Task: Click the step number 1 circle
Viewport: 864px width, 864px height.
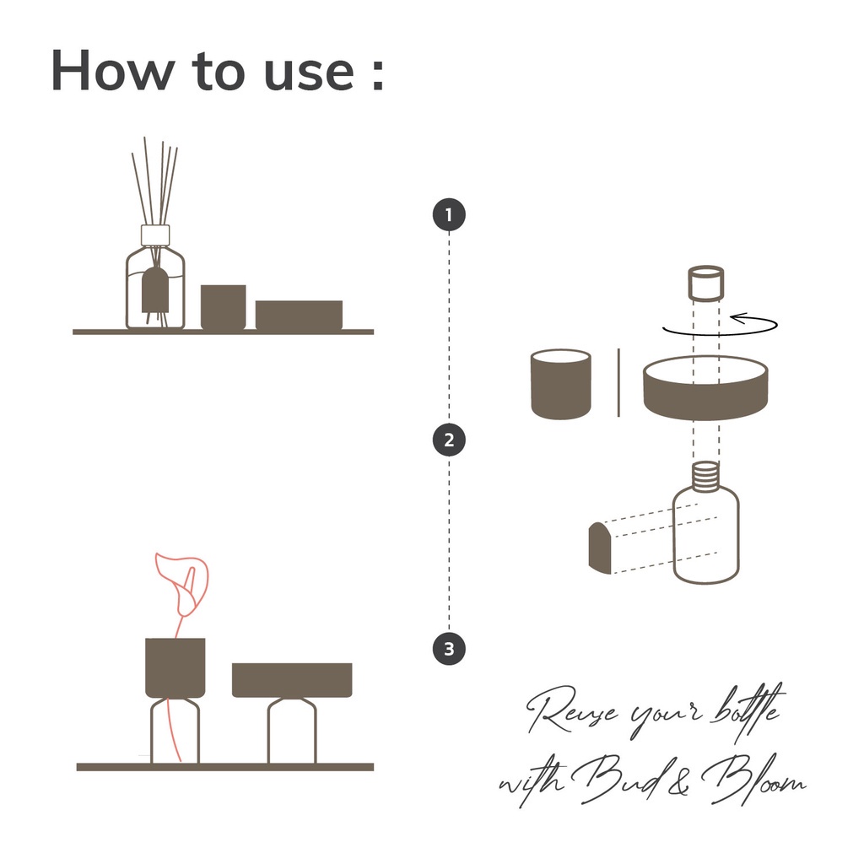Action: coord(449,214)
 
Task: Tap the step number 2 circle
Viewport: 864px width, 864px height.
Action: coord(449,440)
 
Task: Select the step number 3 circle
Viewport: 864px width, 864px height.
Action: coord(449,649)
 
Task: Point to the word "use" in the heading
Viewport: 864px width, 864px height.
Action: coord(309,74)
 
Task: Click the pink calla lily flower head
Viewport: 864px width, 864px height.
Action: coord(183,583)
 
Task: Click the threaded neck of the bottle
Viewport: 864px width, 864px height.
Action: coord(706,476)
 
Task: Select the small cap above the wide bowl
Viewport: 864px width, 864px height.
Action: coord(706,283)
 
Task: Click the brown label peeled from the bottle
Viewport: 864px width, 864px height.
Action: coord(600,548)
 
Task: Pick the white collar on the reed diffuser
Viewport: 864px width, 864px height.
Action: coord(155,235)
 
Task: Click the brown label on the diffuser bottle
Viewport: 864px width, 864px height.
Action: coord(155,290)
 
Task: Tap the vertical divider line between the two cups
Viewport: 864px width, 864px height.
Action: coord(618,382)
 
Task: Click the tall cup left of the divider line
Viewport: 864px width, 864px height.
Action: coord(561,384)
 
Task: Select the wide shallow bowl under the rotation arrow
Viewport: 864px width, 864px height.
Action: coord(706,388)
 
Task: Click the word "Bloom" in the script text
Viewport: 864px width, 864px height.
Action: coord(753,778)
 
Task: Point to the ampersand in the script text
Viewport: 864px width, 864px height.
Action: coord(679,782)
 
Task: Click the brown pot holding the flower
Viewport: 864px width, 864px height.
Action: coord(175,668)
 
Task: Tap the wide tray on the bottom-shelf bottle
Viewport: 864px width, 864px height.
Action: coord(292,680)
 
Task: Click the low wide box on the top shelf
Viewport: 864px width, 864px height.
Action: coord(300,316)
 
